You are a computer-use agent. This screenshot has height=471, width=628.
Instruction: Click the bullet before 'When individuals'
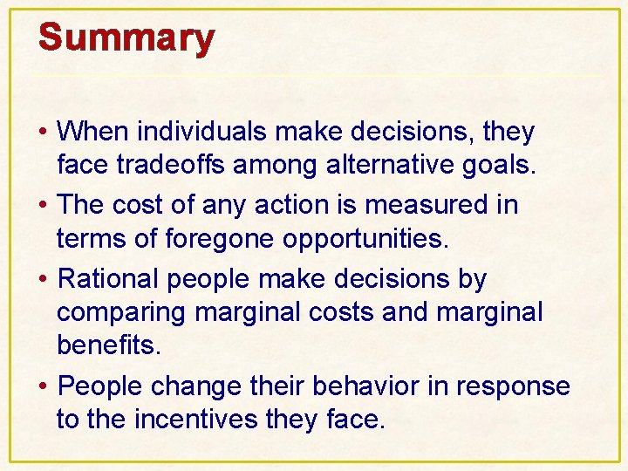(x=43, y=133)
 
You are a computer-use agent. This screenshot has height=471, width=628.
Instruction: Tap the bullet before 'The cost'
(x=43, y=207)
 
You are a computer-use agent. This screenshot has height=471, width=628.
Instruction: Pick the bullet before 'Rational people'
(x=43, y=281)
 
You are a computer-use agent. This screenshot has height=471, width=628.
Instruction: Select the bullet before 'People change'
(x=43, y=387)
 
